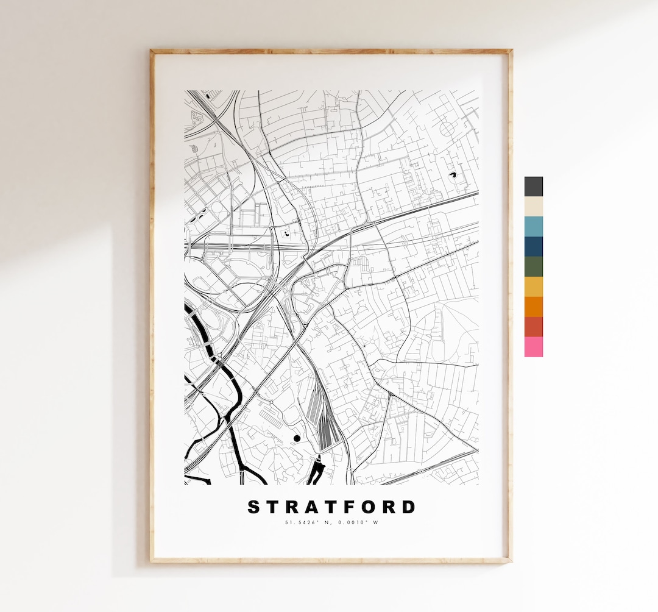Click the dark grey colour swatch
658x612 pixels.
pyautogui.click(x=533, y=187)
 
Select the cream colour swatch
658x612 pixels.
pyautogui.click(x=533, y=207)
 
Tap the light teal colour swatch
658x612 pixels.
pyautogui.click(x=533, y=227)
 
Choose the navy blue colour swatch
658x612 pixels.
pyautogui.click(x=533, y=247)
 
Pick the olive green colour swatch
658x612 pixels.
pyautogui.click(x=533, y=266)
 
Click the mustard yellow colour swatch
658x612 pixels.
pyautogui.click(x=533, y=286)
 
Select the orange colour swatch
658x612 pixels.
pyautogui.click(x=533, y=307)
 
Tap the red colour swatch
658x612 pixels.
pyautogui.click(x=533, y=327)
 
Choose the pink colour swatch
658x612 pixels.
pyautogui.click(x=533, y=347)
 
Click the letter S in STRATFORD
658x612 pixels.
pyautogui.click(x=253, y=507)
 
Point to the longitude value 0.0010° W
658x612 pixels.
pyautogui.click(x=356, y=522)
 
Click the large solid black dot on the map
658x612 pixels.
pyautogui.click(x=297, y=438)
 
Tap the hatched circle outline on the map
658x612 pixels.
pyautogui.click(x=448, y=128)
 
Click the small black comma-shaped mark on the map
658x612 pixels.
pyautogui.click(x=453, y=175)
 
